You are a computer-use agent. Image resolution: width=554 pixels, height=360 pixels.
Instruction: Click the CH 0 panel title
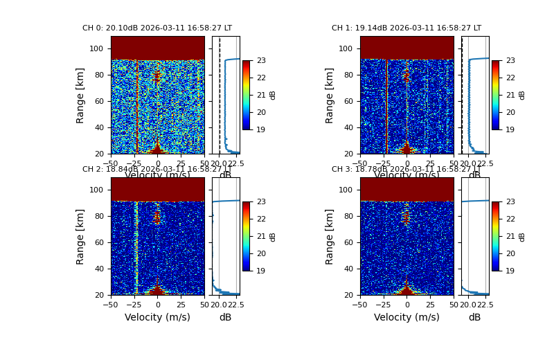157,28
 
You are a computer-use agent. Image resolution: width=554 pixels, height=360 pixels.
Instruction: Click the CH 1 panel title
406,28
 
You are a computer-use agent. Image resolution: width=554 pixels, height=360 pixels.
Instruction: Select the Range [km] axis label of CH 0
81,95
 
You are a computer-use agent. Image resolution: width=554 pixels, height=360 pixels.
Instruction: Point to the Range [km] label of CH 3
330,236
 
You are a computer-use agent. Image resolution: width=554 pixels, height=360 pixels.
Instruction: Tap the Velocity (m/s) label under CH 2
157,317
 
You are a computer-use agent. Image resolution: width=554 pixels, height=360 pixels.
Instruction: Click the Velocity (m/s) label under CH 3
406,317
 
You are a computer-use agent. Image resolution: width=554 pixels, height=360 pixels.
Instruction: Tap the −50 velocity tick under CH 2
111,304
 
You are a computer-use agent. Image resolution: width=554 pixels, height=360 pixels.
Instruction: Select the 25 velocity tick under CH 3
430,304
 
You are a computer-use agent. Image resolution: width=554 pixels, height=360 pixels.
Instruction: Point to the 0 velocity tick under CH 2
158,304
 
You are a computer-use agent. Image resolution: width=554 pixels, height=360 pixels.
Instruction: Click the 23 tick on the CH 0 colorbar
261,61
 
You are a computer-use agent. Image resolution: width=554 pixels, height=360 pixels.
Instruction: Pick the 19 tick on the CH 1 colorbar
510,129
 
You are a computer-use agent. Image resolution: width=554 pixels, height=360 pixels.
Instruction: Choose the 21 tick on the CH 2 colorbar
261,236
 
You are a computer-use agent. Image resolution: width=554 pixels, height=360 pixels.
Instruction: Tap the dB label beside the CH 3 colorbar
522,236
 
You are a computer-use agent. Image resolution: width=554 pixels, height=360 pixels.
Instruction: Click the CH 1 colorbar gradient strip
496,95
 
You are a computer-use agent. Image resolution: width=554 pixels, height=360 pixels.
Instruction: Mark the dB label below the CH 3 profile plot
474,317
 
